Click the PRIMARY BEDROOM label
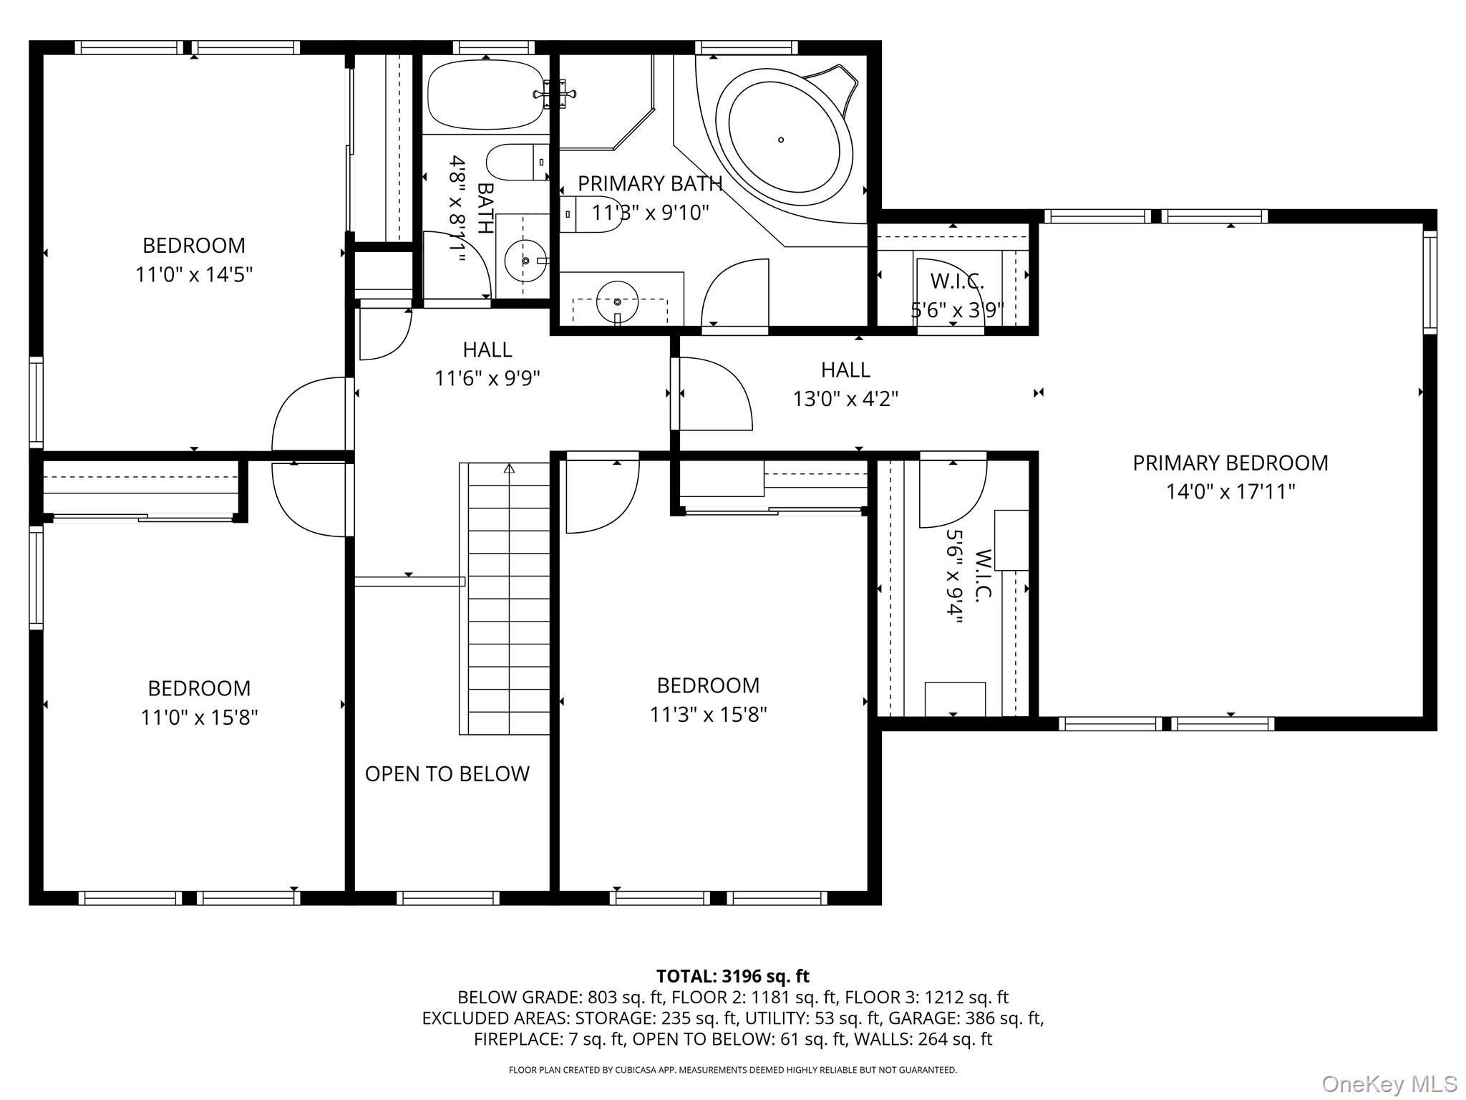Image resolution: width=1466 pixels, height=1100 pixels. tap(1230, 463)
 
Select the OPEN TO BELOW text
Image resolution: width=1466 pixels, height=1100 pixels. tap(447, 773)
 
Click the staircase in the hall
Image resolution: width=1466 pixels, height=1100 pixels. tap(505, 599)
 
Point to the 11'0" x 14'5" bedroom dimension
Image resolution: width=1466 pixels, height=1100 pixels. tap(194, 274)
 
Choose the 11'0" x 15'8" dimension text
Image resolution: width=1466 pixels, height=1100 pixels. tap(199, 717)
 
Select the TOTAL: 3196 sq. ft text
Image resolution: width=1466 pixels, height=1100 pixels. tap(733, 976)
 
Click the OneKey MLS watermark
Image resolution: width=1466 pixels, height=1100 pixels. tap(1389, 1084)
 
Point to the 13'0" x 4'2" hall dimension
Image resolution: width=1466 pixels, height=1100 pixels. tap(845, 398)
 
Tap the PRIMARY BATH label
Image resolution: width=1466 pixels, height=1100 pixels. tap(650, 184)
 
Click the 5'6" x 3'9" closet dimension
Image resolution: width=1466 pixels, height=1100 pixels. tap(957, 310)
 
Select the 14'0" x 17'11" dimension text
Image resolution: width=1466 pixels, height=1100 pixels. tap(1230, 492)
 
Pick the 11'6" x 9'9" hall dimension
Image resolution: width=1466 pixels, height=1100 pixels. tap(487, 378)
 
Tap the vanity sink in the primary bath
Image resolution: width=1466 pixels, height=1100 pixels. tap(617, 302)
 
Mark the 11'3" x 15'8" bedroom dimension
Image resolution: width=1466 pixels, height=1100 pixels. tap(708, 715)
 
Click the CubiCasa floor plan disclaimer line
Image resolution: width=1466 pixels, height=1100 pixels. tap(733, 1070)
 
